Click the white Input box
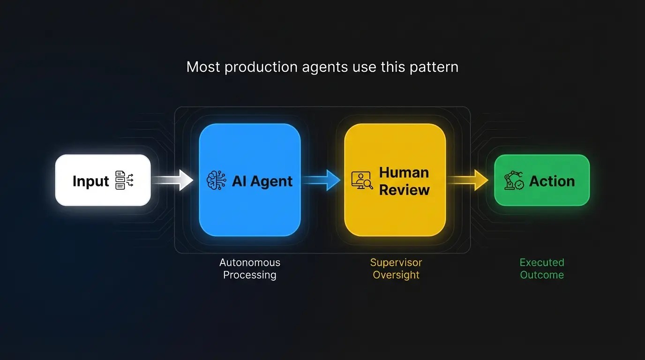click(103, 180)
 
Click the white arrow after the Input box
click(173, 180)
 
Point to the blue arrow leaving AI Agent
click(322, 180)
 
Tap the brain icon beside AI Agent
click(217, 181)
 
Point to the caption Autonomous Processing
click(249, 269)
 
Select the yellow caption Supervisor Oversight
click(396, 269)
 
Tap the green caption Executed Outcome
click(542, 269)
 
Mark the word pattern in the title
click(434, 67)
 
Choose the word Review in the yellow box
click(404, 190)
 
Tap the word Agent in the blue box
click(272, 181)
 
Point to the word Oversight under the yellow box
click(396, 275)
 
